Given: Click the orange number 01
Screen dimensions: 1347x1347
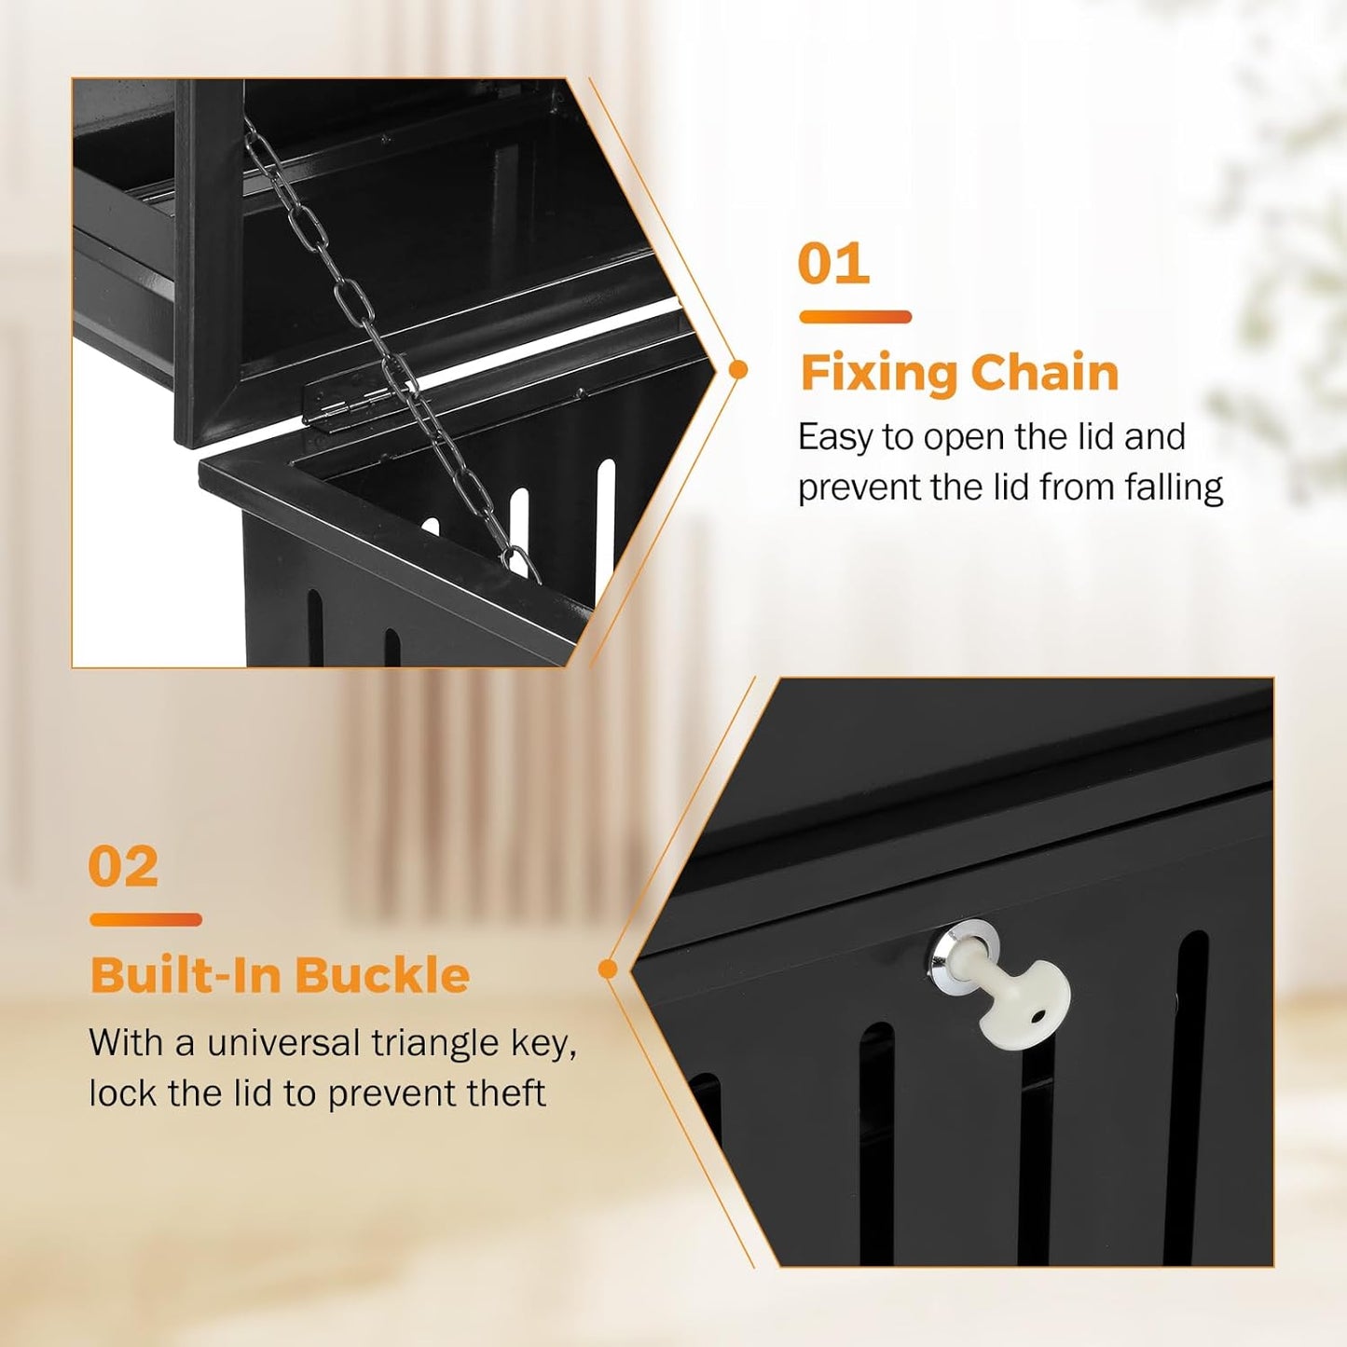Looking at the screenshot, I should click(833, 265).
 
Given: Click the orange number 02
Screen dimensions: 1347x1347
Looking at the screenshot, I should click(123, 868).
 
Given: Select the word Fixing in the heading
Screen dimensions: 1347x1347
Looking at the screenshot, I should click(878, 374).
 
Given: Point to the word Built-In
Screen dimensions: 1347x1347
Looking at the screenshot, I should click(186, 976).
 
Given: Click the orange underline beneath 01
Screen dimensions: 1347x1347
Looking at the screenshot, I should click(855, 317).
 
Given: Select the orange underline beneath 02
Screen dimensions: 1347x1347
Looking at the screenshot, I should click(145, 920).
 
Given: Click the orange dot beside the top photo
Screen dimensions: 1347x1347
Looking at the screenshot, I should click(738, 370).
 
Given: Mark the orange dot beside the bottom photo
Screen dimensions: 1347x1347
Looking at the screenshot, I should click(608, 969).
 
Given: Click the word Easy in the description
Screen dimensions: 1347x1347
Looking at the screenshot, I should click(835, 437).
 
